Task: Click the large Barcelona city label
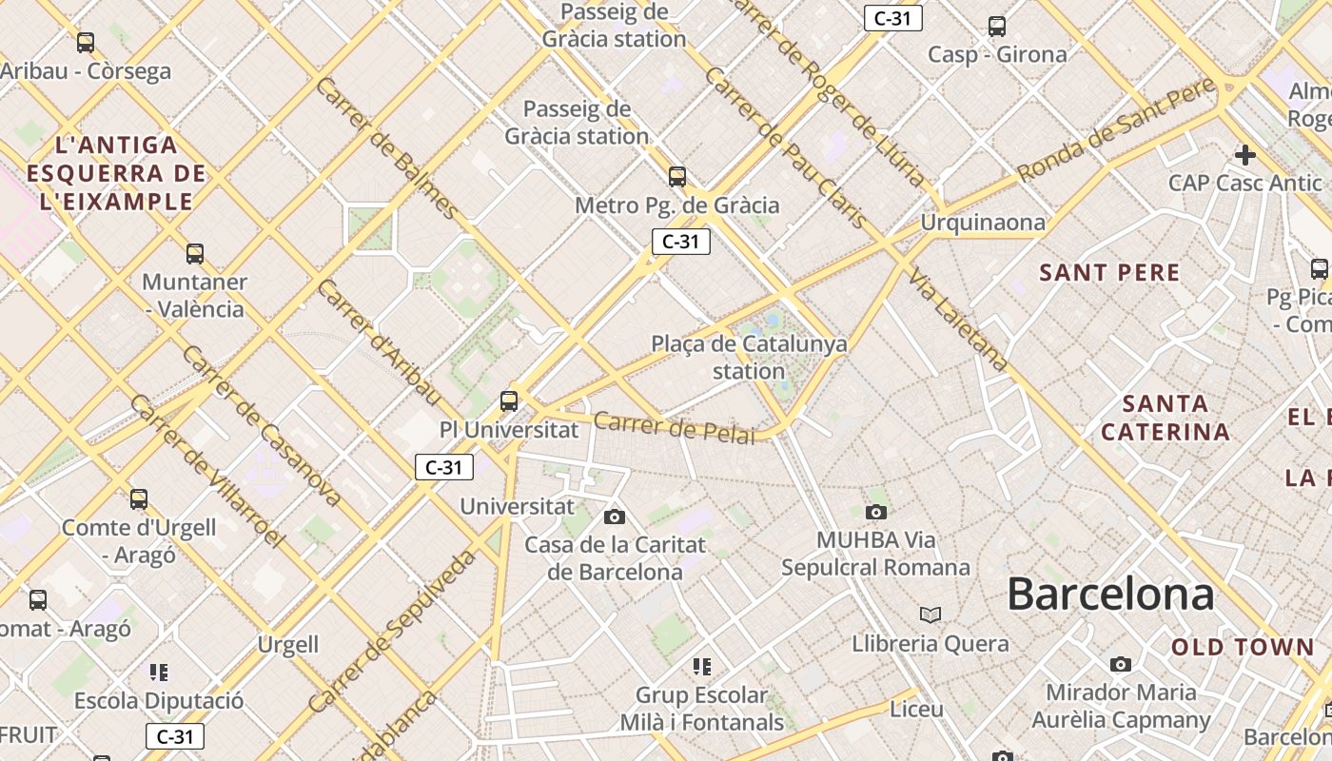pos(1110,595)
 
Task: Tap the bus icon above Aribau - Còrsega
pos(86,43)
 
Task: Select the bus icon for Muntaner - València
pos(195,254)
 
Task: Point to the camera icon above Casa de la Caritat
pos(615,517)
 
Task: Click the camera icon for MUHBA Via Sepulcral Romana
pos(876,513)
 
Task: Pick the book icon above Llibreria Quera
pos(930,615)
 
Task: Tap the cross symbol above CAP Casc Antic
pos(1244,154)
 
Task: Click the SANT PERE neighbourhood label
pos(1109,273)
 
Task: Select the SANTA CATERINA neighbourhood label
pos(1165,418)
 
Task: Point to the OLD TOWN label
pos(1243,648)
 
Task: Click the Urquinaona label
pos(983,223)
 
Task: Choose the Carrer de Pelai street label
pos(675,428)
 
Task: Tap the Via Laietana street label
pos(958,319)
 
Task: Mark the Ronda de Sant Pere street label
pos(1116,130)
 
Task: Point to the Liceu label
pos(916,710)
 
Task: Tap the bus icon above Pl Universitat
pos(509,400)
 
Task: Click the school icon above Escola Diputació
pos(159,673)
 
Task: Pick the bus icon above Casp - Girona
pos(997,27)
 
